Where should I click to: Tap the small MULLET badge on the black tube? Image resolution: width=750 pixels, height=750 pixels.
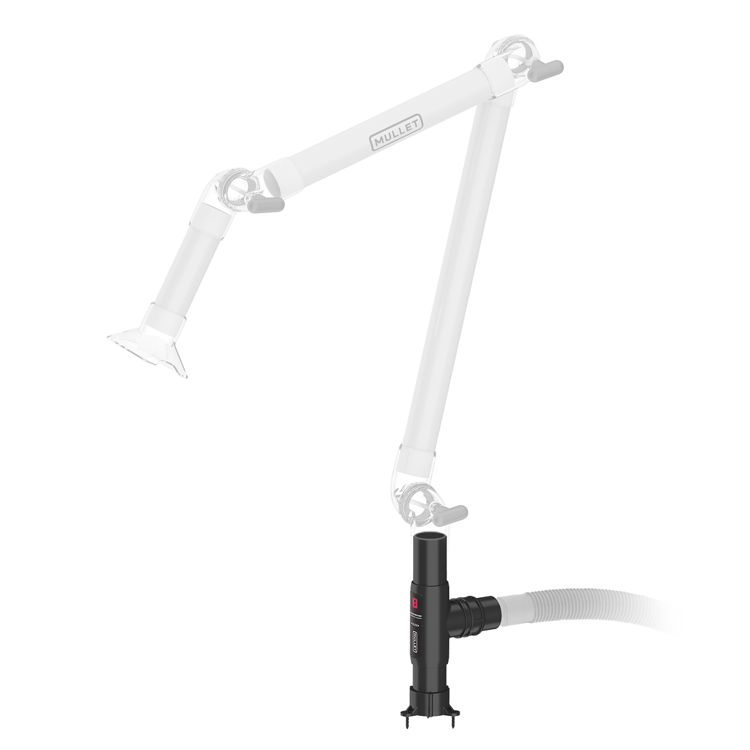[416, 642]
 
